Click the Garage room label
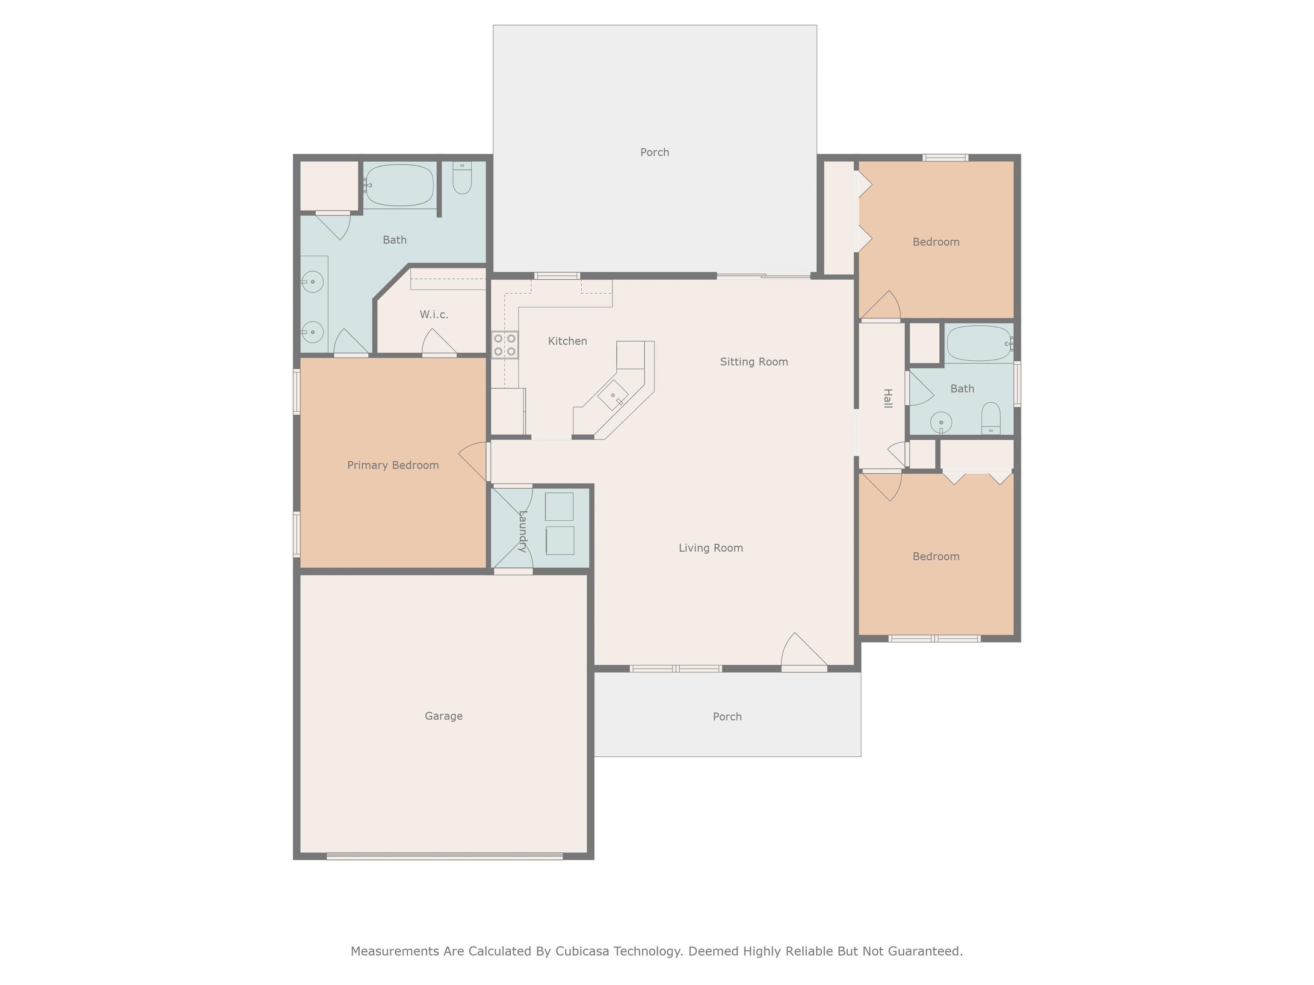pos(443,716)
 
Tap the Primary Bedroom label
pos(393,465)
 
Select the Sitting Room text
pos(754,362)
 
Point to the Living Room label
pos(710,548)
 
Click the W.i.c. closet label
pos(434,314)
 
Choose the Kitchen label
pos(567,341)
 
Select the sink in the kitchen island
pos(613,395)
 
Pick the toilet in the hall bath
pos(990,419)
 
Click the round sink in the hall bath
pos(941,423)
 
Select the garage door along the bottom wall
pos(444,856)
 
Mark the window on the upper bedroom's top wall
pos(945,157)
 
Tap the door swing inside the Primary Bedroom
pos(474,461)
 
